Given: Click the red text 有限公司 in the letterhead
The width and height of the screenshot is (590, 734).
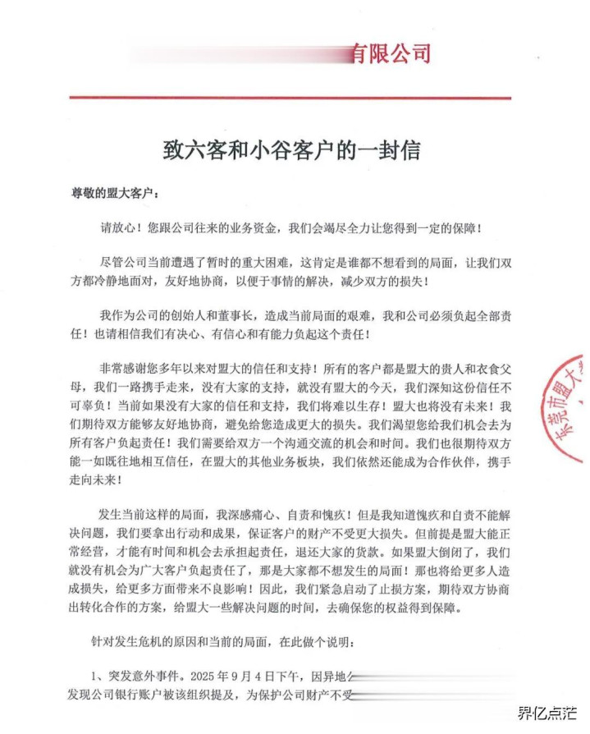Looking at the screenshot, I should [391, 54].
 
